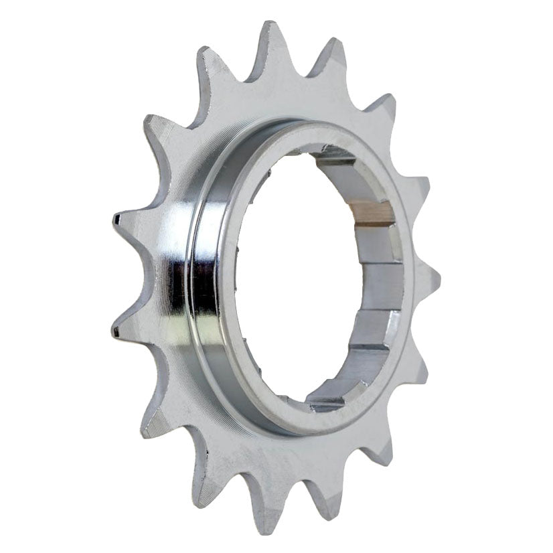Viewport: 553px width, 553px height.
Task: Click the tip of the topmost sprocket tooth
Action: click(270, 27)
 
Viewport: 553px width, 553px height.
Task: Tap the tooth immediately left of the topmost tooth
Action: click(204, 54)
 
